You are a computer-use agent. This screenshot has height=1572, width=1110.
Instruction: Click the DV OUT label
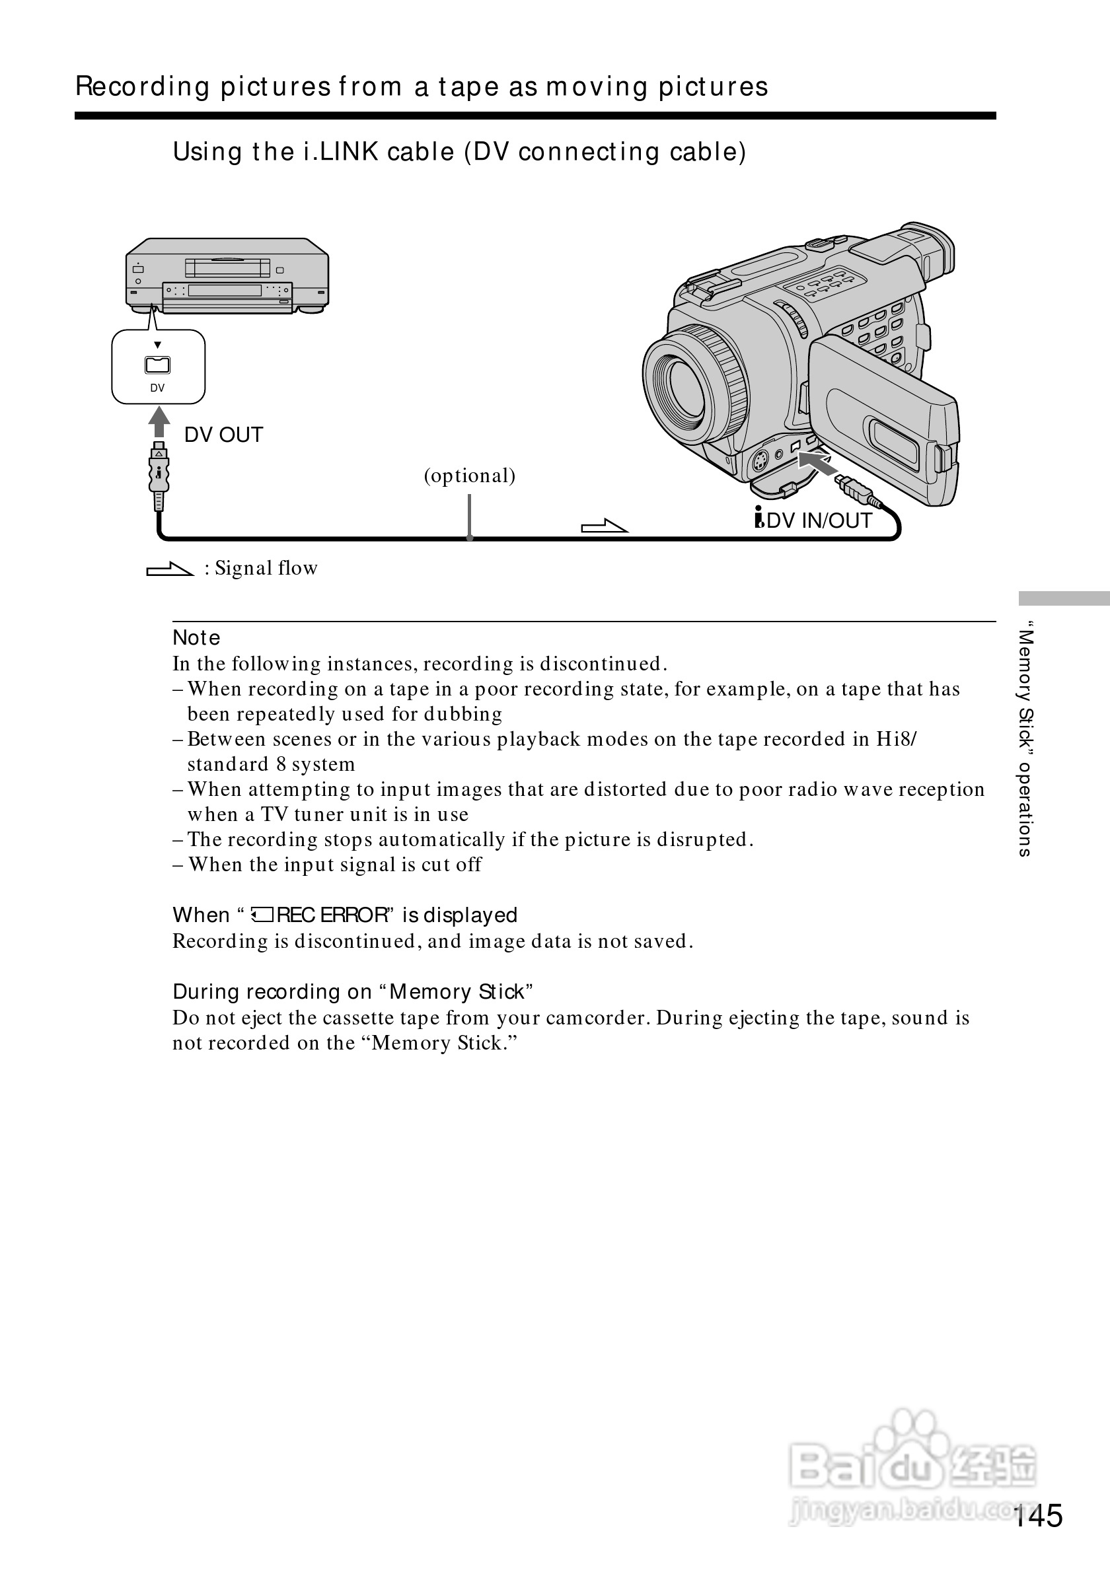223,435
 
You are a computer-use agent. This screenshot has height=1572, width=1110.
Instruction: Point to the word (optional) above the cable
469,476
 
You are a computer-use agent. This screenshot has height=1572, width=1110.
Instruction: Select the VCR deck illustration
227,275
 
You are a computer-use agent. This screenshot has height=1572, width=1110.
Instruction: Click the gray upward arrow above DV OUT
159,421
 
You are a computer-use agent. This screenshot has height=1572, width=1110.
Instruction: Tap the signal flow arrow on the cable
604,526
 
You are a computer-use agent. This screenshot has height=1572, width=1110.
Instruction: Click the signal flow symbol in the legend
170,569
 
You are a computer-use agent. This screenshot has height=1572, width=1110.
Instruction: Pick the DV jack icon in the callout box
157,365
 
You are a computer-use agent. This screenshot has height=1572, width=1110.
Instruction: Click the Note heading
196,637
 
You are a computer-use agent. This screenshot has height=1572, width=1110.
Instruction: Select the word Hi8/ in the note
897,740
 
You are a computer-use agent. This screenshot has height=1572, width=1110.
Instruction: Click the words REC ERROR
333,915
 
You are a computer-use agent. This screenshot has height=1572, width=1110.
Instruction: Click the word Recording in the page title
143,87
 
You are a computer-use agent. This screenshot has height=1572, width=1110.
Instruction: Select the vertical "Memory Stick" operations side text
1024,740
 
